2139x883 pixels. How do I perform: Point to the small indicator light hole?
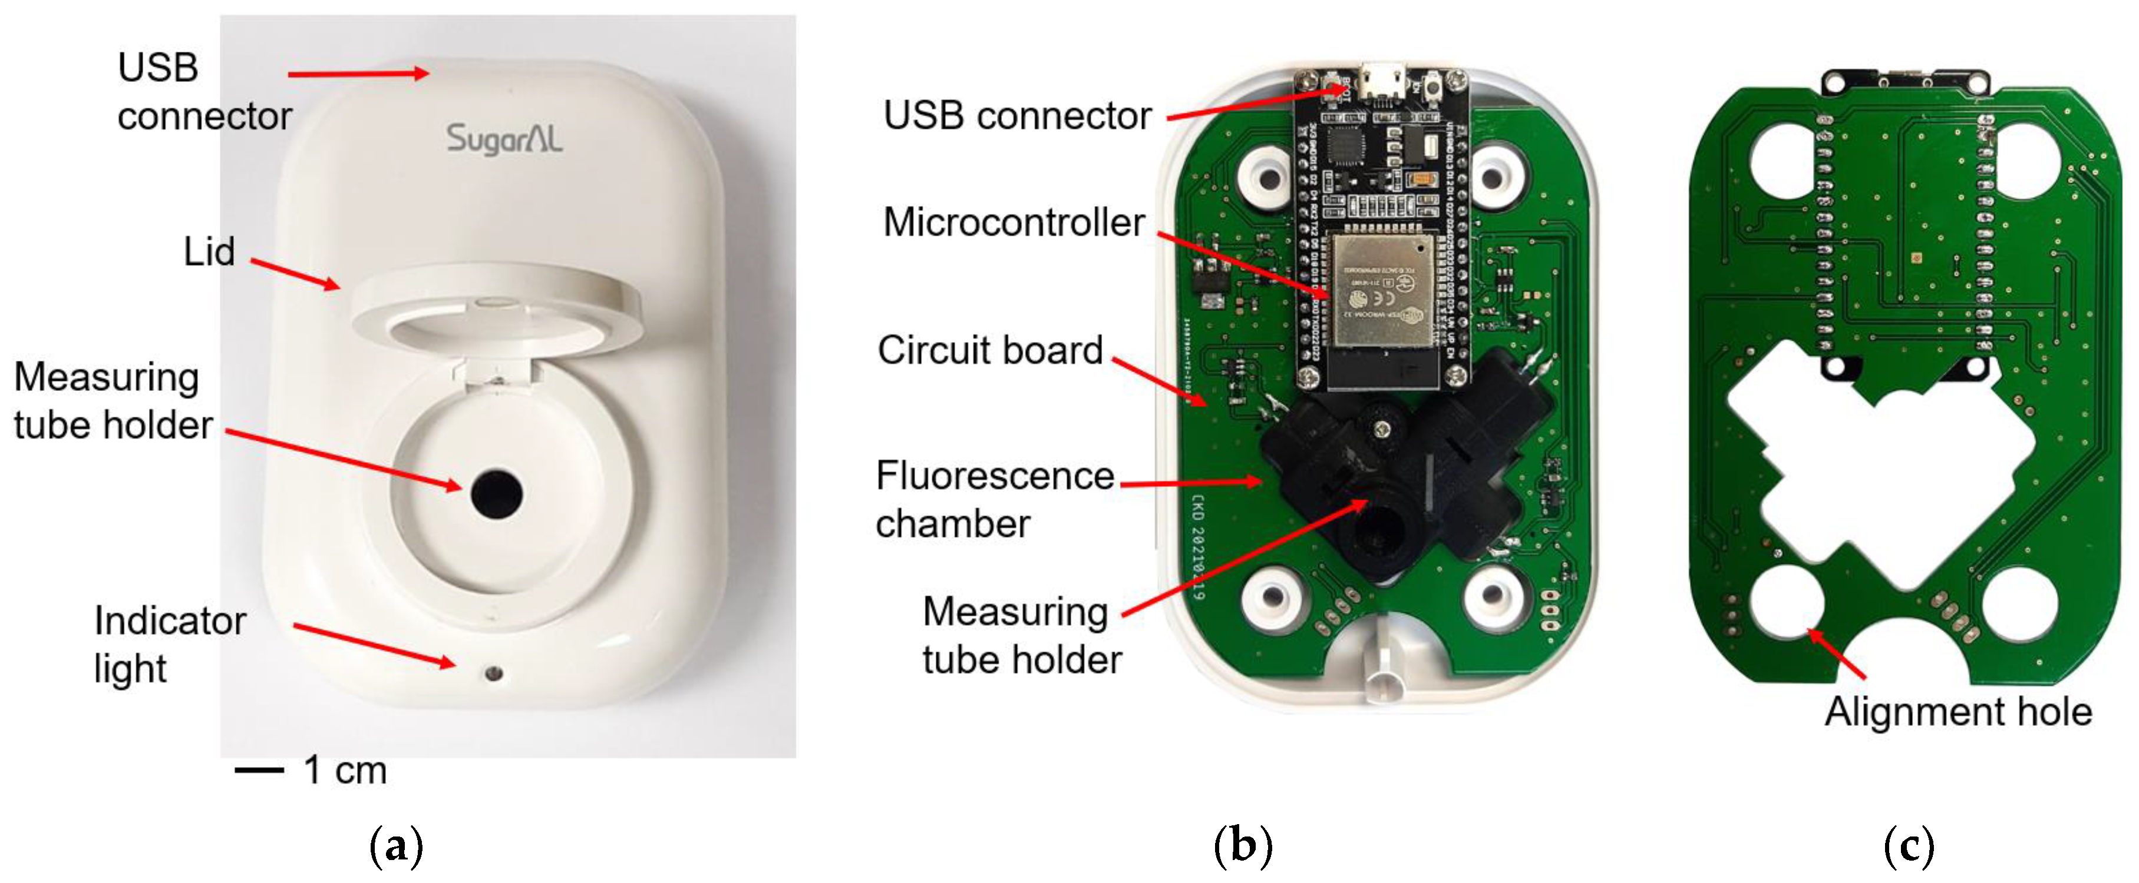pyautogui.click(x=495, y=672)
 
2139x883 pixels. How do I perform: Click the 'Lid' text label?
pyautogui.click(x=209, y=251)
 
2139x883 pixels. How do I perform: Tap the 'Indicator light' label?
pyautogui.click(x=169, y=645)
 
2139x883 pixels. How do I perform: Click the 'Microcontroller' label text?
pyautogui.click(x=1014, y=223)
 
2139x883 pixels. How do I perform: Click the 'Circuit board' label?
pyautogui.click(x=990, y=350)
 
